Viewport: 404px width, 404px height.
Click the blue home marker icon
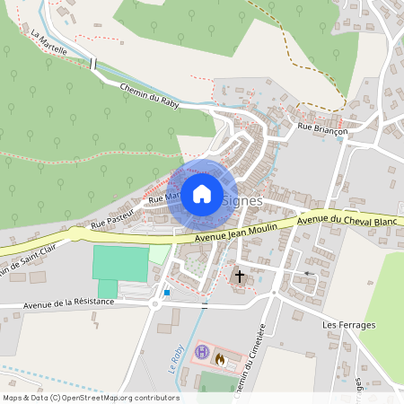pos(202,193)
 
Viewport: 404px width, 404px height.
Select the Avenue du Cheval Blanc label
pos(346,220)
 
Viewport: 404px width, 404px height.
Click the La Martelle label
pos(48,43)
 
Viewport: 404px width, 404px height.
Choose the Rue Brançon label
pos(322,130)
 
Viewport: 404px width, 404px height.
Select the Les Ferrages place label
pos(345,319)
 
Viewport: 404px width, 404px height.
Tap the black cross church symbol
pos(239,276)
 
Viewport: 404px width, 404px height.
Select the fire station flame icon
pos(219,358)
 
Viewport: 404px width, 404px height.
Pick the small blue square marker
pos(167,292)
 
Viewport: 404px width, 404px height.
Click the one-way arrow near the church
pos(310,273)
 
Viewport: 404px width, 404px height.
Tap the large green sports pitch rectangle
pos(120,263)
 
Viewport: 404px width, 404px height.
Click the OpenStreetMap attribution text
pos(91,398)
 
